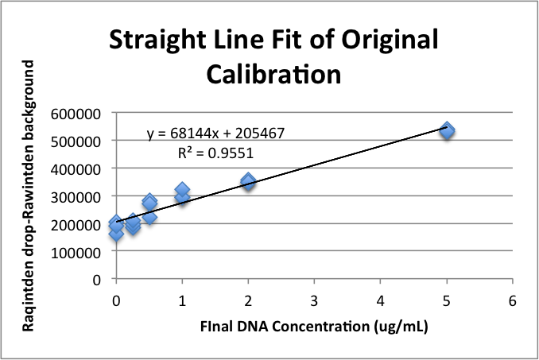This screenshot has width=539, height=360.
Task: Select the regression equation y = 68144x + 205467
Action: click(x=215, y=134)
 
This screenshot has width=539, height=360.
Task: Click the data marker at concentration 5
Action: click(x=447, y=130)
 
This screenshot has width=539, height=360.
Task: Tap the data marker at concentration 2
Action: click(x=248, y=181)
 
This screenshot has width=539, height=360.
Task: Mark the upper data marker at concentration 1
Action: click(x=182, y=191)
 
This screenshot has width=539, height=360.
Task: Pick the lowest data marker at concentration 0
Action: click(x=116, y=234)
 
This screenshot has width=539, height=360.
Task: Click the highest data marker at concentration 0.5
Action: click(x=149, y=202)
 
